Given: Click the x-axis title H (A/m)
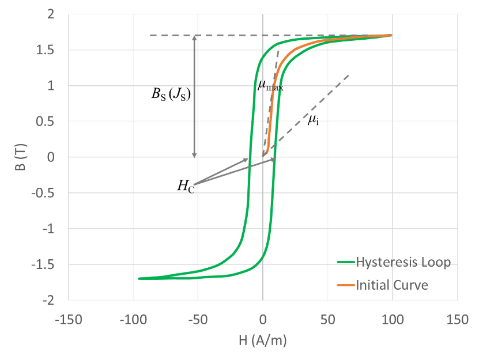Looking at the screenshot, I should pyautogui.click(x=262, y=340).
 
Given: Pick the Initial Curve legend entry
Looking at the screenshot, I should pyautogui.click(x=392, y=285).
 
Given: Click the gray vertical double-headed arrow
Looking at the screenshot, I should pyautogui.click(x=195, y=96).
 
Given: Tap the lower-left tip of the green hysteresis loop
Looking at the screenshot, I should pyautogui.click(x=139, y=279).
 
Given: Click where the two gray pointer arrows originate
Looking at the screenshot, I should pyautogui.click(x=193, y=185).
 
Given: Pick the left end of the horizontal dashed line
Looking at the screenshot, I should pyautogui.click(x=150, y=36).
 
